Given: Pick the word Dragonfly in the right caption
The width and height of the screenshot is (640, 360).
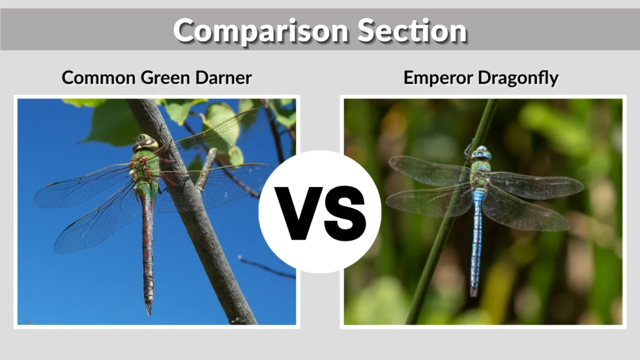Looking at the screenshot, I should pos(521,78).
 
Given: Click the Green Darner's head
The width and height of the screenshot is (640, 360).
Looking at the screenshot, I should pos(144,142).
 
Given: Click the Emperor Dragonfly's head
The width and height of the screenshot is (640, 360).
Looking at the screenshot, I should pos(481,152).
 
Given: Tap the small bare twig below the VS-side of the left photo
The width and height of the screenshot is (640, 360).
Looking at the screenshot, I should pos(266,267).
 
